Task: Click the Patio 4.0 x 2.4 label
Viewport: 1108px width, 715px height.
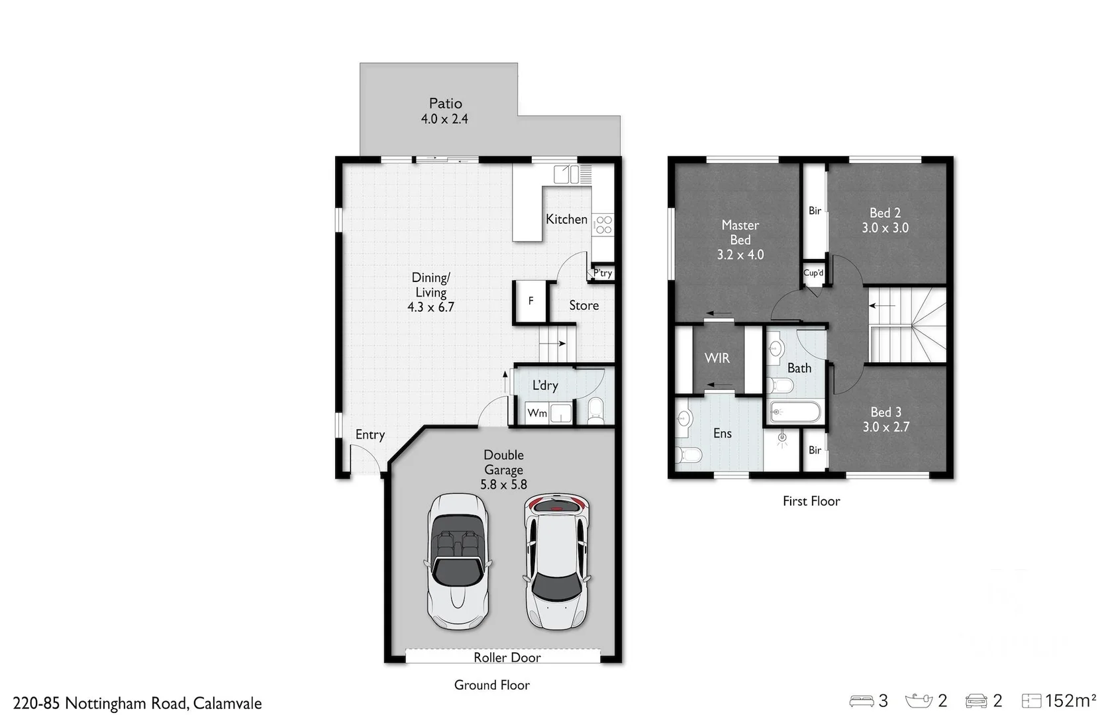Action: tap(444, 111)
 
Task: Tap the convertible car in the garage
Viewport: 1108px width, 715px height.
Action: tap(458, 561)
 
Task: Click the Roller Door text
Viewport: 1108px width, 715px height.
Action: tap(507, 657)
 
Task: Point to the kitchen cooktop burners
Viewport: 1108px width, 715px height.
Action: tap(603, 225)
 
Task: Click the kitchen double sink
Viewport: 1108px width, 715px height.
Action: tap(568, 174)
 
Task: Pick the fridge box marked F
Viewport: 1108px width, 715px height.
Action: tap(530, 301)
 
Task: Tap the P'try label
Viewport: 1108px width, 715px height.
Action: tap(603, 273)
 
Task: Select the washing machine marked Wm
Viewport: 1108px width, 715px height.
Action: tap(537, 413)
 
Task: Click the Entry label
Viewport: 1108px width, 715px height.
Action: tap(370, 434)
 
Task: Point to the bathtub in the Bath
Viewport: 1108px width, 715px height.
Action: tap(795, 412)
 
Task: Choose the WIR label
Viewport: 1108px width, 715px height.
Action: tap(717, 358)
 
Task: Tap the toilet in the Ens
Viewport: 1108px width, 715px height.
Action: tap(689, 455)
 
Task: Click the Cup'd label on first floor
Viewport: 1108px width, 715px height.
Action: tap(813, 273)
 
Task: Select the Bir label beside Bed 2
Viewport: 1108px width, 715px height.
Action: tap(815, 211)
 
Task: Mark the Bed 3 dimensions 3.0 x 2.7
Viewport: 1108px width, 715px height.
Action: tap(885, 427)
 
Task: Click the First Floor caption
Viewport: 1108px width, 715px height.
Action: tap(811, 501)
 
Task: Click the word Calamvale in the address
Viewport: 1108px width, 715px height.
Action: tap(227, 703)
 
